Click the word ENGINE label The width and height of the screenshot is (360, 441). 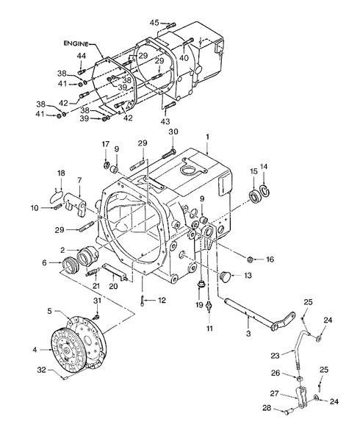tap(75, 44)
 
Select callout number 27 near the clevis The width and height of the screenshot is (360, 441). tap(273, 392)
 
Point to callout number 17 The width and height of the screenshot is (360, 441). tap(105, 143)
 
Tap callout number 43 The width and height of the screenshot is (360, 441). tap(164, 121)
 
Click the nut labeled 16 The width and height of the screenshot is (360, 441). tap(250, 259)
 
